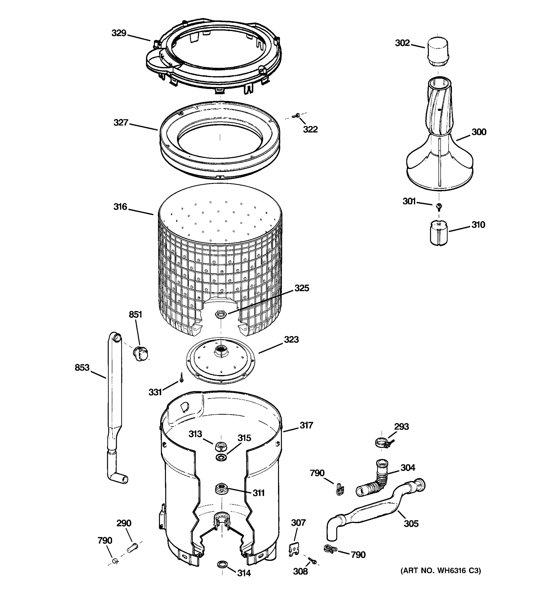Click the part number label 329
coord(119,33)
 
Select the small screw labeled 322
coord(297,115)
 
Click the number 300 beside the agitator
coord(479,132)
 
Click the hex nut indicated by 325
coord(221,314)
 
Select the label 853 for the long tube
coord(82,367)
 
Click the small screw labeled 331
coord(181,378)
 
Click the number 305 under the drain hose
coord(411,523)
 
